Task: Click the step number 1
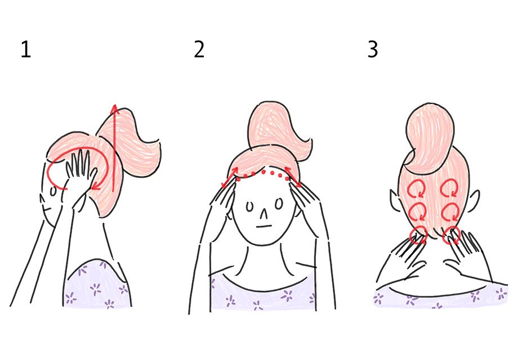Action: click(x=26, y=51)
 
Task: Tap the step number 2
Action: click(x=199, y=51)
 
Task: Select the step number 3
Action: click(x=373, y=50)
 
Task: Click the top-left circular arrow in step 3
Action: click(x=418, y=188)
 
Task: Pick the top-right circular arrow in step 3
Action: click(x=450, y=188)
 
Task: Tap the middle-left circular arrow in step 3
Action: click(x=417, y=211)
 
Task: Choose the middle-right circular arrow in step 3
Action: click(x=450, y=211)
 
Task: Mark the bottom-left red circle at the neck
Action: click(x=418, y=235)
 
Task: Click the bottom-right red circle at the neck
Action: click(x=451, y=235)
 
